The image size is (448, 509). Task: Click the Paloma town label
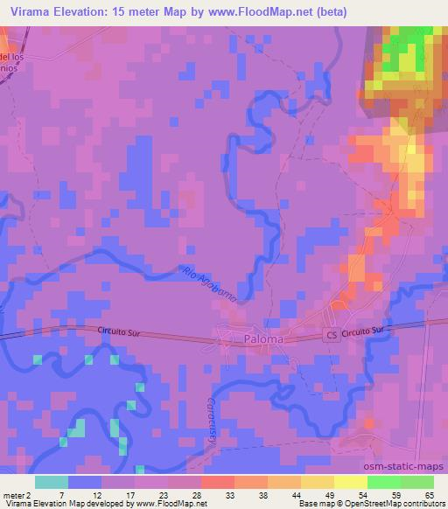point(262,339)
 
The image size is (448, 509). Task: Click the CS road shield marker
point(330,335)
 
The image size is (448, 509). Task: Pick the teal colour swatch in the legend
point(52,482)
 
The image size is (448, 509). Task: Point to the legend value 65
point(428,495)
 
